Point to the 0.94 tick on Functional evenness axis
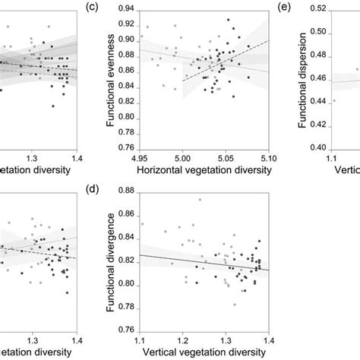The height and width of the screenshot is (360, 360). [x=125, y=9]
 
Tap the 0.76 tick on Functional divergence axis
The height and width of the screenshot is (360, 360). [x=125, y=327]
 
